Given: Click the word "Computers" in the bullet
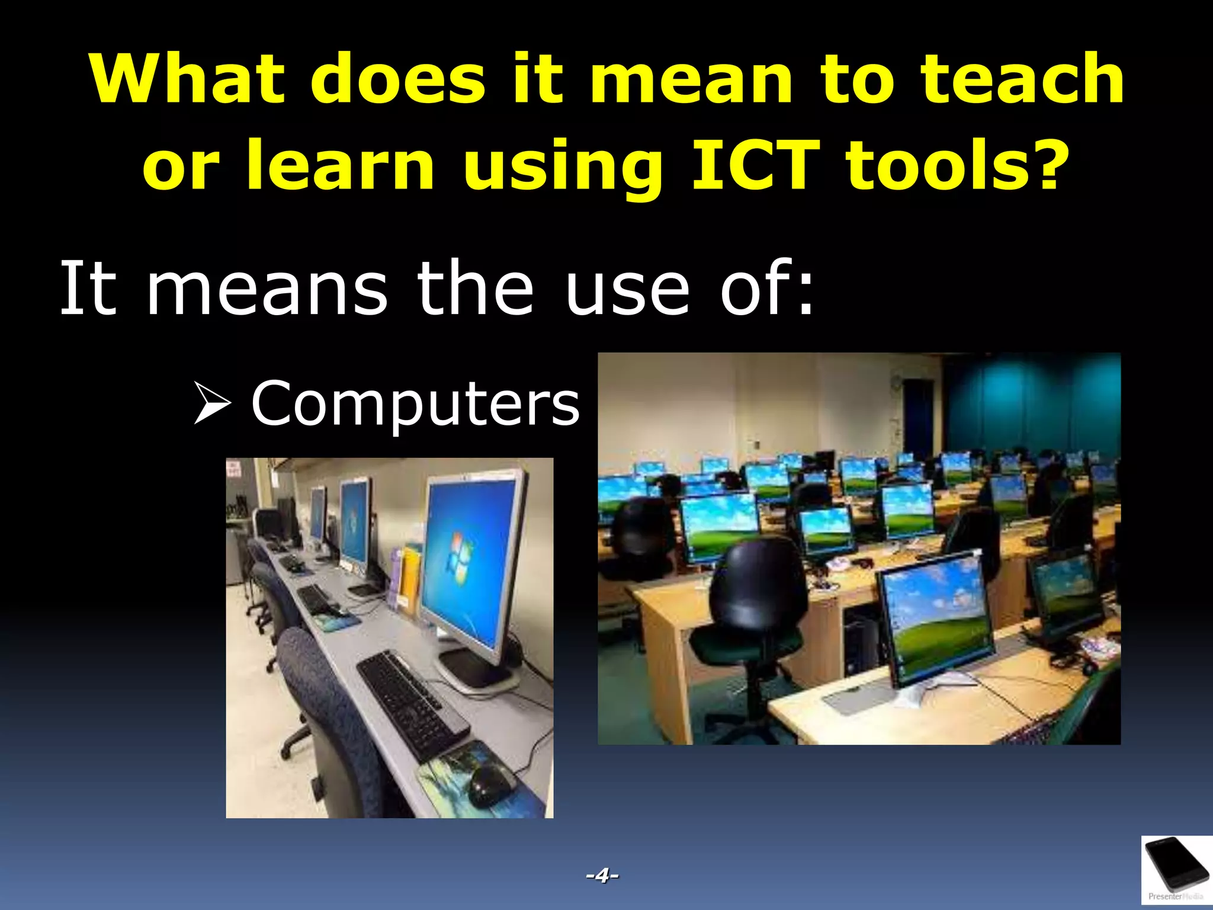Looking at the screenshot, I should click(x=415, y=403).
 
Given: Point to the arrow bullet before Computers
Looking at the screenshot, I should click(x=212, y=403).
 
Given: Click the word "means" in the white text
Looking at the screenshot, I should click(x=267, y=290).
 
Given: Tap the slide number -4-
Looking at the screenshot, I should click(x=602, y=875).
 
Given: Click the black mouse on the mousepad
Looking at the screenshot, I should click(x=491, y=784).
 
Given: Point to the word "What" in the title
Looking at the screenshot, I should click(x=187, y=79).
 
